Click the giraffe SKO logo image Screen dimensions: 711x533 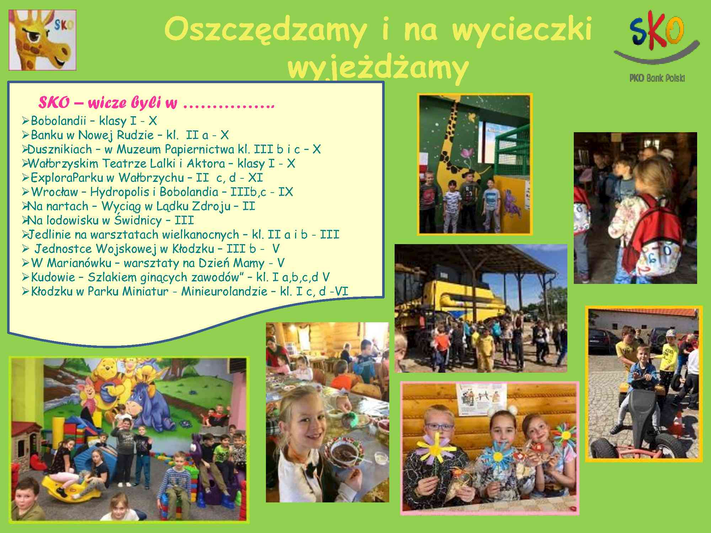coord(42,40)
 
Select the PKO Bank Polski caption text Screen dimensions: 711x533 coord(657,78)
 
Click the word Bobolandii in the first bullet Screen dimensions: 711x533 coord(59,121)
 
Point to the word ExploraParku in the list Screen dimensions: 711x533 coord(67,178)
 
